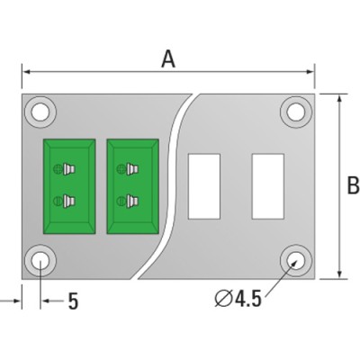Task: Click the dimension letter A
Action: click(x=168, y=59)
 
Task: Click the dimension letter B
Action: click(x=353, y=185)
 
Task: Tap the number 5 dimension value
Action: click(x=73, y=301)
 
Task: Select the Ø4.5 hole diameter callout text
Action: click(x=238, y=299)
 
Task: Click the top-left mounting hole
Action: click(x=40, y=112)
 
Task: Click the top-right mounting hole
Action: click(x=296, y=112)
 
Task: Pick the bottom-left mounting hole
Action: click(x=40, y=260)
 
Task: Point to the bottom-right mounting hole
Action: click(x=296, y=260)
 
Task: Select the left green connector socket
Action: click(x=69, y=186)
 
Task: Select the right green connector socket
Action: click(x=133, y=186)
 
